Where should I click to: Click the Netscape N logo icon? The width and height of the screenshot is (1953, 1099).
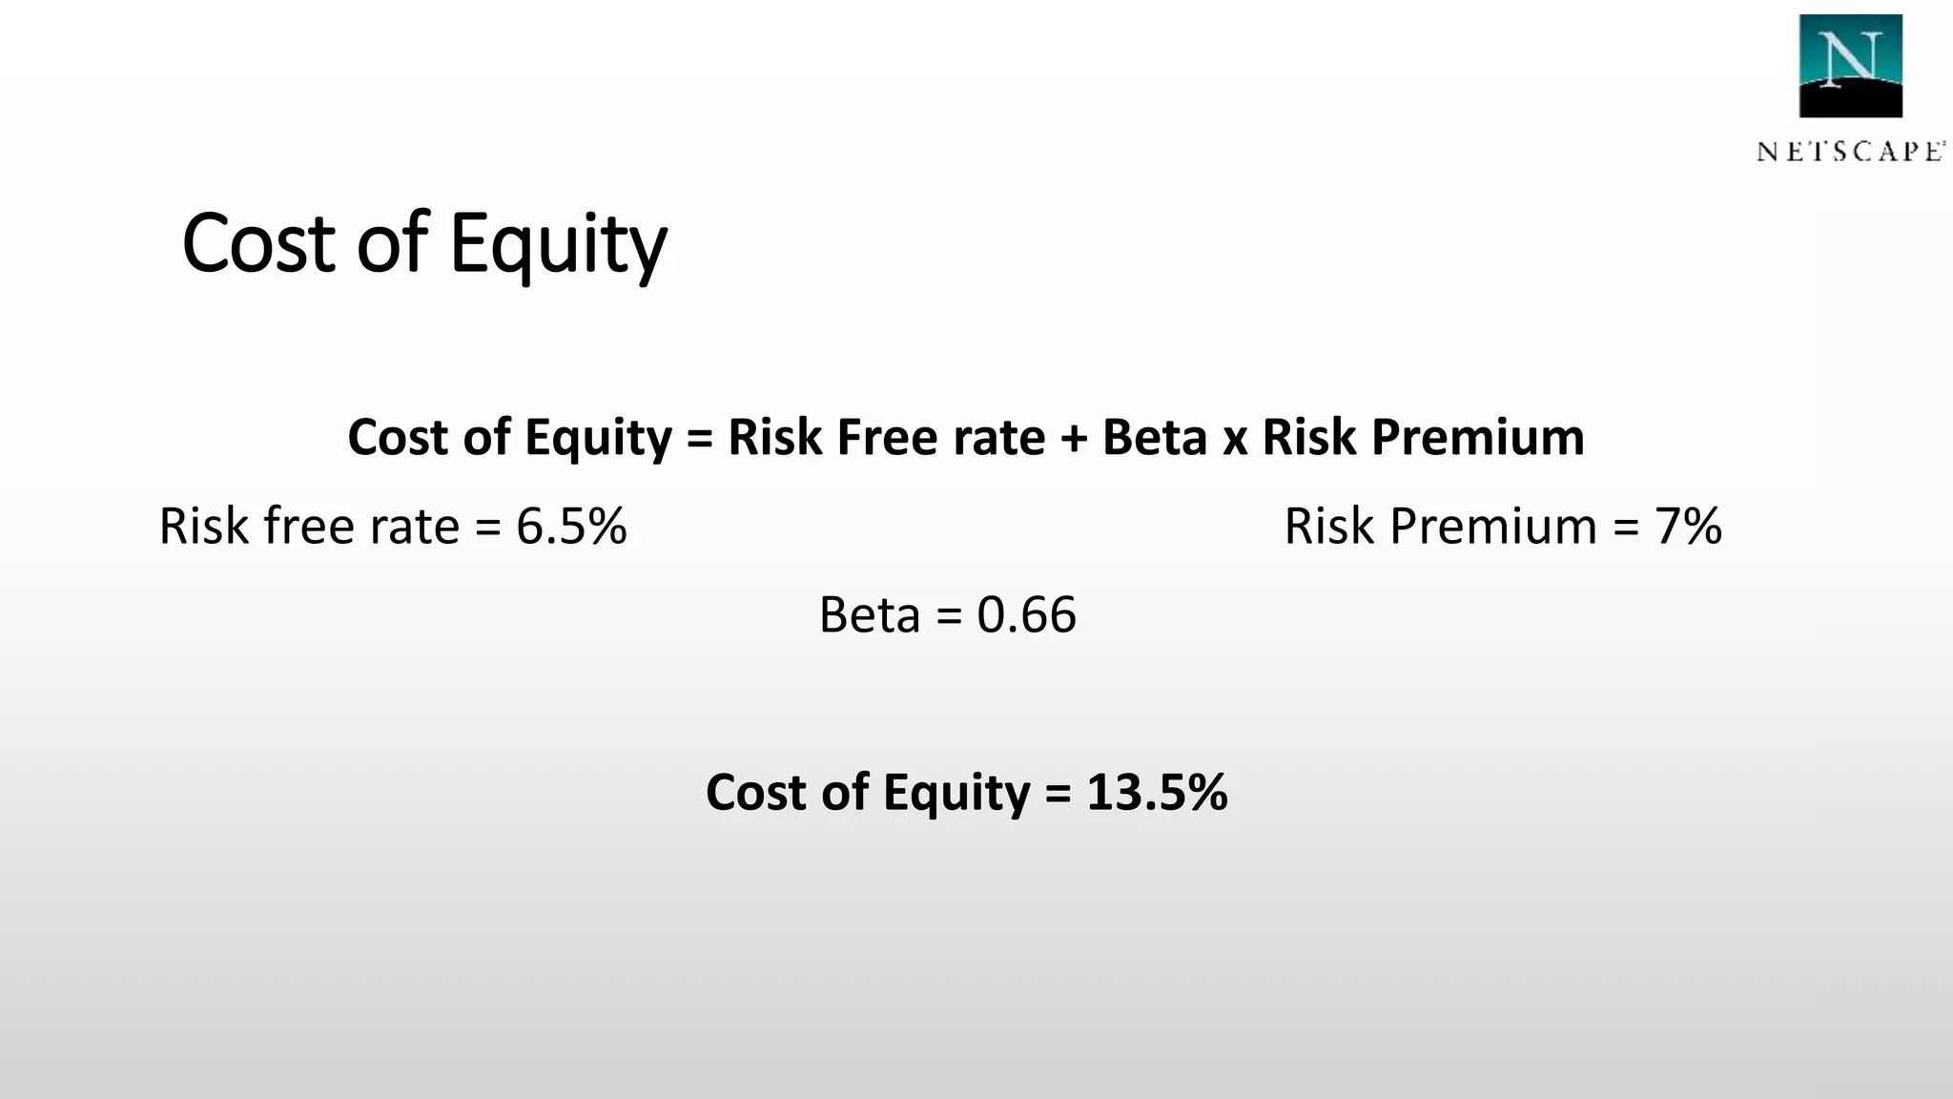click(x=1850, y=66)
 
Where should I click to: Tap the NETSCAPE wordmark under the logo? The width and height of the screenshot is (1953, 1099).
click(x=1850, y=152)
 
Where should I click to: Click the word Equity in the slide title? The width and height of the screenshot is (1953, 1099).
click(x=558, y=244)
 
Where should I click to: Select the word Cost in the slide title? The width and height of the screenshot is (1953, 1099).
click(x=258, y=244)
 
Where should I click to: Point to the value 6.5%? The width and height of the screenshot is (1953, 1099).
click(x=571, y=526)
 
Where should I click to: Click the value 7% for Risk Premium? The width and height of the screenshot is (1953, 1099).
click(x=1688, y=526)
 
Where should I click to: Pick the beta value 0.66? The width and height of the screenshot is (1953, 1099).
click(x=1026, y=614)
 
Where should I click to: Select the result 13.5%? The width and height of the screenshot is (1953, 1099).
click(x=1157, y=792)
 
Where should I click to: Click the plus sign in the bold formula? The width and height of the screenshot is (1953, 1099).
click(x=1073, y=439)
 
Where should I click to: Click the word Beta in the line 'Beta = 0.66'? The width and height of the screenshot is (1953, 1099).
click(x=869, y=614)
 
